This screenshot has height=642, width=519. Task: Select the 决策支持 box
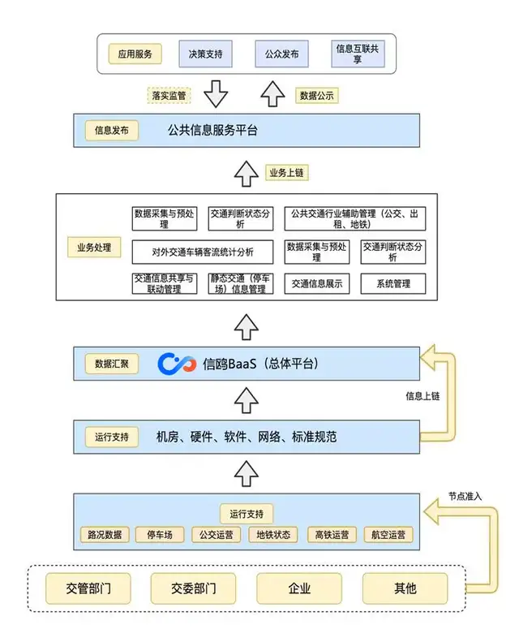click(x=205, y=55)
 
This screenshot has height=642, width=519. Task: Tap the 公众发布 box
click(x=281, y=55)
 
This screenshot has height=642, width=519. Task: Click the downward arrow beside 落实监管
click(x=215, y=93)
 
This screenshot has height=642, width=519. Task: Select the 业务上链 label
click(x=286, y=172)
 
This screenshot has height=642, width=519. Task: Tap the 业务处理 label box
click(x=95, y=247)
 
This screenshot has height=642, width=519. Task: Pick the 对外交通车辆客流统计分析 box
click(x=202, y=252)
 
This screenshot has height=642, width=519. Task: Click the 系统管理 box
click(x=392, y=284)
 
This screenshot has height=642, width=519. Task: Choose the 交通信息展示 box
click(x=317, y=284)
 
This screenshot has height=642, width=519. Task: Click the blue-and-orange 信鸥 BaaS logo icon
click(x=177, y=364)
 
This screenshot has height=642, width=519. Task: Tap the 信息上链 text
click(x=423, y=396)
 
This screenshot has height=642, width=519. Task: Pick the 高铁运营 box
click(x=332, y=535)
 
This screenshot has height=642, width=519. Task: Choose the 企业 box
click(x=299, y=588)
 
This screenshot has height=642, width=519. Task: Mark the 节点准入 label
click(x=466, y=496)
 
